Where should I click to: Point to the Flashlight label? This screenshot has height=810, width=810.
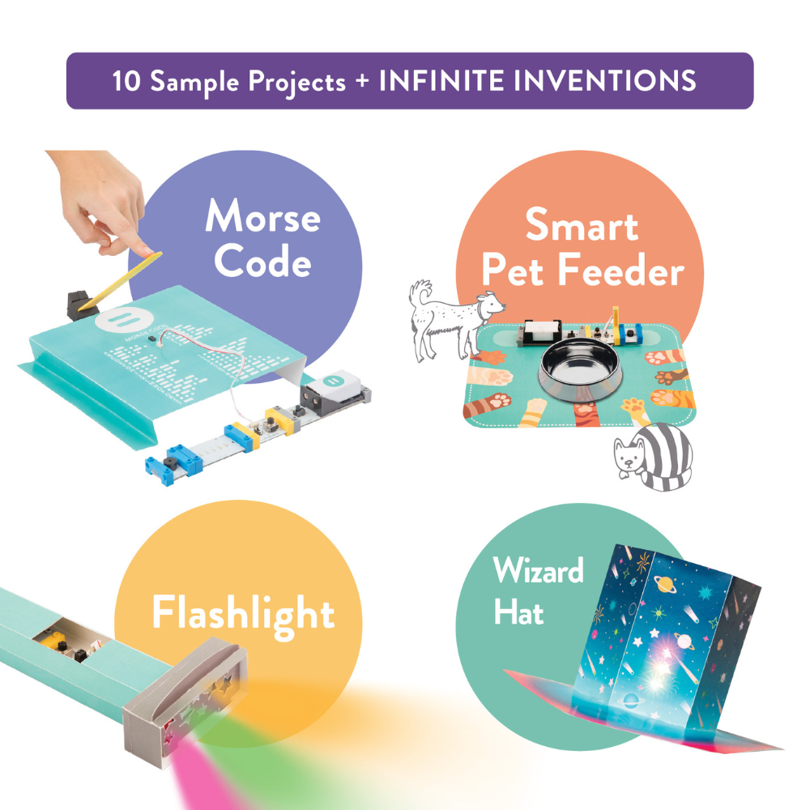[243, 613]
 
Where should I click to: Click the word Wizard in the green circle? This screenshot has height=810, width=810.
[539, 571]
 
